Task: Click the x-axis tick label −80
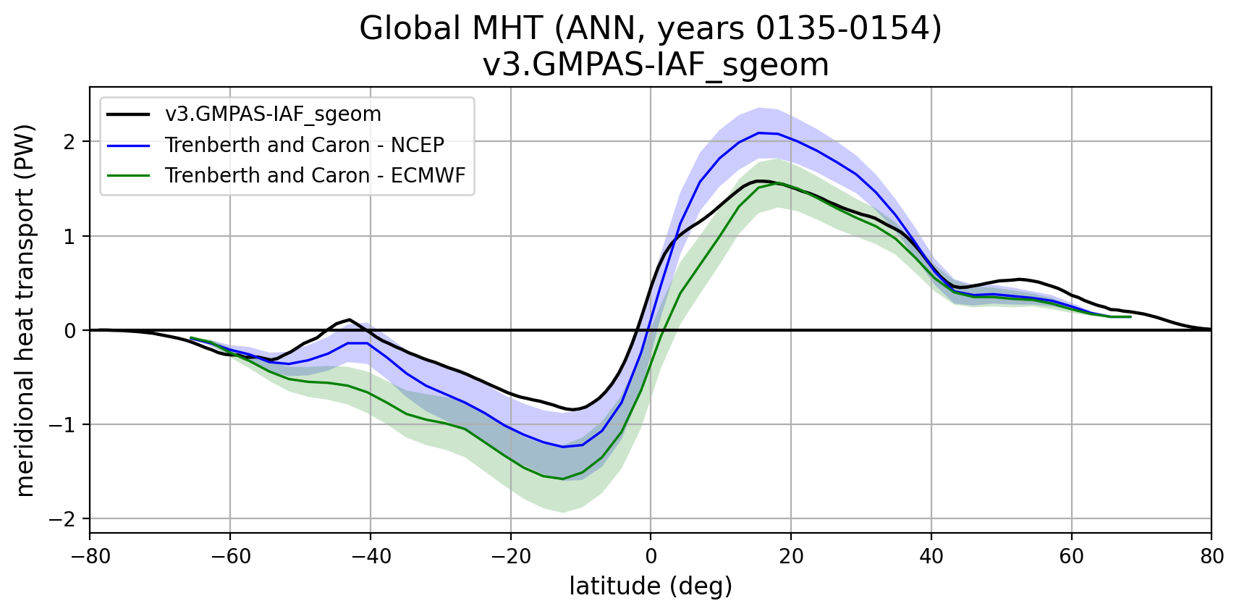coord(90,556)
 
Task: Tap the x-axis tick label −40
coord(370,556)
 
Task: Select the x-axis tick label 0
coord(651,556)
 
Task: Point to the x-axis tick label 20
coord(791,556)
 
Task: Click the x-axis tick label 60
coord(1071,556)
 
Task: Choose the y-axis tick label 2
coord(69,142)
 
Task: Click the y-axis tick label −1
coord(64,425)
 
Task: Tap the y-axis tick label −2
coord(64,519)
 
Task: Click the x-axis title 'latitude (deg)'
coord(651,586)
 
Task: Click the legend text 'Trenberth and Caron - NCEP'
coord(304,145)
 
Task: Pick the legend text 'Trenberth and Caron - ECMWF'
coord(315,175)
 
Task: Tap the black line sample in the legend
coord(128,114)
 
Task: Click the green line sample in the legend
coord(128,175)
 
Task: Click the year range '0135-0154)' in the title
coord(848,29)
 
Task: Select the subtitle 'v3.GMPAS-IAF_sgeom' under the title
coord(655,65)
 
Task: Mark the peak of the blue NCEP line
coord(758,133)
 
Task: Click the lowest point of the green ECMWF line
coord(563,479)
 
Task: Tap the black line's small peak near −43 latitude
coord(350,319)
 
